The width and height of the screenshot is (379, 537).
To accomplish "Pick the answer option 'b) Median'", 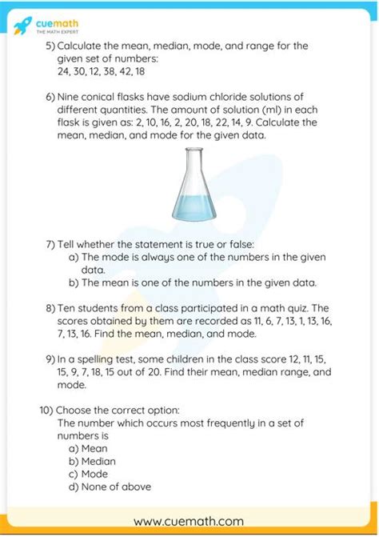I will point(92,461).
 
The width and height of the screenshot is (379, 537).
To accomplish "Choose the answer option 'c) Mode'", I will point(89,474).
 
